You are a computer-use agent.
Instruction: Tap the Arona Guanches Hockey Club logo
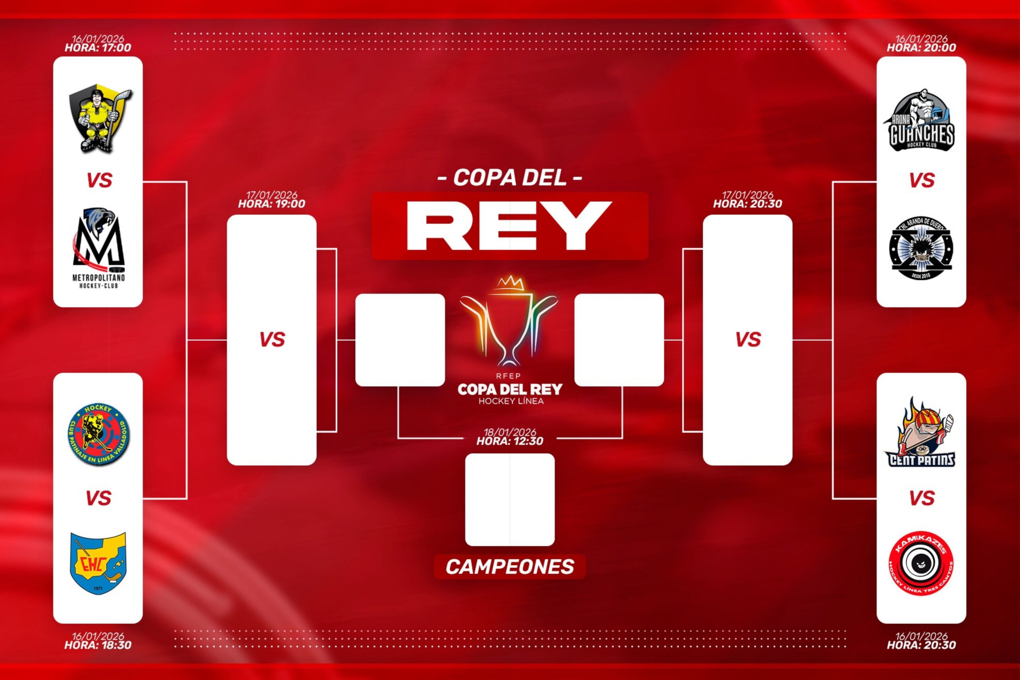click(921, 121)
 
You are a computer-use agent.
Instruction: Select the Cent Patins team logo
click(921, 434)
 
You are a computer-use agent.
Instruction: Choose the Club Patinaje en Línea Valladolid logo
click(99, 435)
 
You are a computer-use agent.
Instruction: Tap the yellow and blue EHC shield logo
click(98, 563)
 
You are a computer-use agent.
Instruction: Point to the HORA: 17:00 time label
click(98, 48)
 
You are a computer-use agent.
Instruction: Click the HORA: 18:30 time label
click(98, 645)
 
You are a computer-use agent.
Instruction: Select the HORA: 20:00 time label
click(921, 48)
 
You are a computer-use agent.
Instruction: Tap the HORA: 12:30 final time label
click(510, 441)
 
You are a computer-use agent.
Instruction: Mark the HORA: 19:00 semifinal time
click(271, 204)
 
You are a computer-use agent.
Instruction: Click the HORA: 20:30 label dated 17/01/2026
click(747, 204)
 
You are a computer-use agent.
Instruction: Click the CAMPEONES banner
click(510, 567)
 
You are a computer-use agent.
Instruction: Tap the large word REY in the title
click(510, 226)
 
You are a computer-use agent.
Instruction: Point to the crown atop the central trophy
click(510, 282)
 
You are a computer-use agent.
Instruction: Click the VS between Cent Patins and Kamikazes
click(921, 498)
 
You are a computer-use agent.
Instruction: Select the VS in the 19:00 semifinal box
click(272, 339)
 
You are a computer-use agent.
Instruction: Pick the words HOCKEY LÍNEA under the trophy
click(511, 401)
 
